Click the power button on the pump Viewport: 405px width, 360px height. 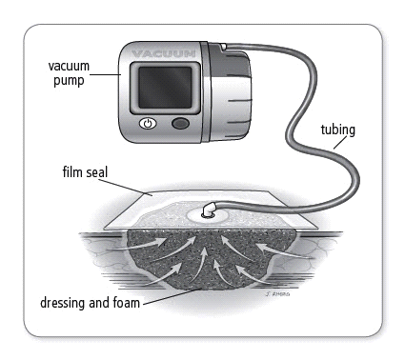point(148,124)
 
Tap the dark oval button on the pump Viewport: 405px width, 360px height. point(180,123)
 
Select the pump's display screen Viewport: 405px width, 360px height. point(165,88)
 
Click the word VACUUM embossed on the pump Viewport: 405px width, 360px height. point(163,53)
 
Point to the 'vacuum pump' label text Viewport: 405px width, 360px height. point(69,73)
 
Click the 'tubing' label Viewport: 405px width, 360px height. point(338,130)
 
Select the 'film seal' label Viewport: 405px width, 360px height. point(85,172)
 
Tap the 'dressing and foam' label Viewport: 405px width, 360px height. point(90,303)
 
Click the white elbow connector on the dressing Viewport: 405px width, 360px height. point(209,210)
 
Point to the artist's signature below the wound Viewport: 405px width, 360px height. point(277,294)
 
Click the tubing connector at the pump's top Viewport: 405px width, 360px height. point(224,47)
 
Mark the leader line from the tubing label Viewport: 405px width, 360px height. point(340,143)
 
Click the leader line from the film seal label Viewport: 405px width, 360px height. point(125,188)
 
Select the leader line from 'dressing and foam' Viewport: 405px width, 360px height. point(172,296)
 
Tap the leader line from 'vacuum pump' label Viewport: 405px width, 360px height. point(105,75)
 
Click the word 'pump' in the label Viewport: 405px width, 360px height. point(69,81)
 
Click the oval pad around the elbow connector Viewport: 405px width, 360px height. point(207,216)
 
